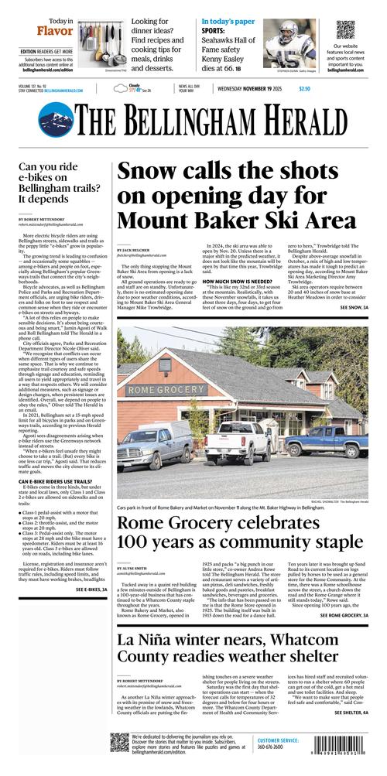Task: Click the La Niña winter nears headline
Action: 240,650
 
